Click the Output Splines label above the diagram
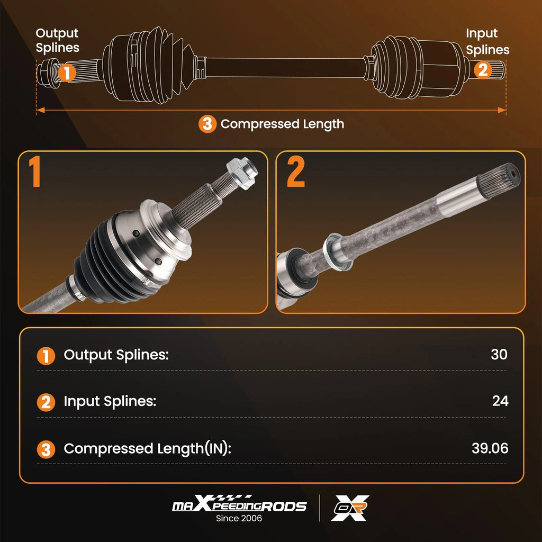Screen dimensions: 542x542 (x=57, y=40)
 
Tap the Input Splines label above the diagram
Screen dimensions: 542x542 (x=487, y=41)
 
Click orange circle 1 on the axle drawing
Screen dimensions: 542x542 (x=67, y=73)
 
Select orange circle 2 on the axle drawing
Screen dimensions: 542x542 (x=483, y=69)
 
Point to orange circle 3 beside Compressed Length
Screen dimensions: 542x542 (x=207, y=124)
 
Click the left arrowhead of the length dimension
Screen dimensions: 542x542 (x=40, y=110)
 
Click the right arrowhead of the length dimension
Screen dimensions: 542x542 (x=502, y=110)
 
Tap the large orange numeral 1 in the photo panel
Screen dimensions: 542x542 (x=35, y=171)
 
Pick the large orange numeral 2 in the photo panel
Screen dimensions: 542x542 (x=296, y=171)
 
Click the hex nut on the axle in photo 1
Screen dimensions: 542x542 (x=242, y=173)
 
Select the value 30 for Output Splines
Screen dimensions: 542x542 (x=499, y=354)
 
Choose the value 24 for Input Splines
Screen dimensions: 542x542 (x=500, y=401)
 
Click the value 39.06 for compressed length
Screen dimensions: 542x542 (x=490, y=448)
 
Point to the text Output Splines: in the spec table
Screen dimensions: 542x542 (x=116, y=355)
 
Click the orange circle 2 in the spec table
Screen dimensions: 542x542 (x=46, y=402)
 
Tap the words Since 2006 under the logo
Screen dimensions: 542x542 (x=239, y=518)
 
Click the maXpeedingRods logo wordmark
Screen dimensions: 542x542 (x=239, y=503)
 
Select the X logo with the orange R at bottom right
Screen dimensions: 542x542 (x=350, y=508)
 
